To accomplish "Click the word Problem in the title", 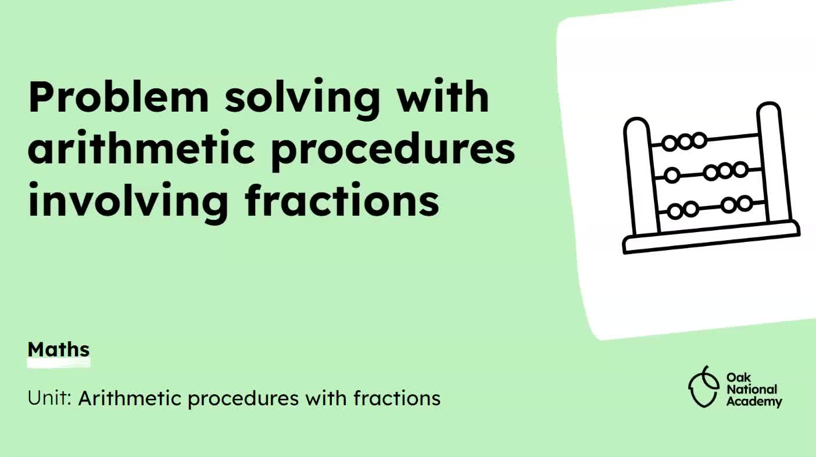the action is (x=119, y=97).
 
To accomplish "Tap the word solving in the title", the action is (x=302, y=99).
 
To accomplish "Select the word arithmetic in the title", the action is (x=141, y=148).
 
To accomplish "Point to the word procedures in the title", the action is (x=393, y=151).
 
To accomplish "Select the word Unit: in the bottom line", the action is (x=49, y=398).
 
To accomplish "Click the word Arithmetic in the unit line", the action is (x=130, y=398).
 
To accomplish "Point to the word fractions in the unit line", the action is (x=397, y=398).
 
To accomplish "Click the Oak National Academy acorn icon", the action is (x=703, y=387).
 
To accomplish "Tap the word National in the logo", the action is (x=751, y=390).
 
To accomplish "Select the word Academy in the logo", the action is (x=754, y=402).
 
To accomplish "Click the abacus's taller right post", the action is (x=775, y=162).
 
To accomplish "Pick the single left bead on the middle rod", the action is (x=672, y=175).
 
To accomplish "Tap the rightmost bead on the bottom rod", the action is (x=745, y=203).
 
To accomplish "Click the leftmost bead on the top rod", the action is (x=670, y=143).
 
